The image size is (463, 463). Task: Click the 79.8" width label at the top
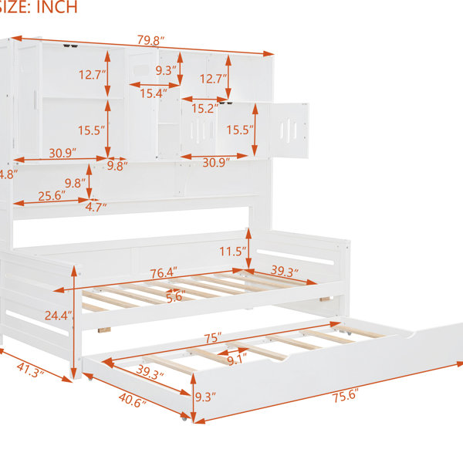click(x=150, y=40)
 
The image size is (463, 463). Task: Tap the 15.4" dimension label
click(x=154, y=93)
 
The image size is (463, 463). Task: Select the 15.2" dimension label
click(x=205, y=108)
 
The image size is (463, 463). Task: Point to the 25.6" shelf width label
click(x=52, y=196)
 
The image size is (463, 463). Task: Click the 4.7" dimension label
click(x=96, y=208)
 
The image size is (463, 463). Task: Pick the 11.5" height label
click(x=233, y=252)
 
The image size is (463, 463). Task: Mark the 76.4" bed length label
click(x=164, y=273)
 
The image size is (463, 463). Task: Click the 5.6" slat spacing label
click(x=176, y=296)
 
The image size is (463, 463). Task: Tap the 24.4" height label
click(x=59, y=316)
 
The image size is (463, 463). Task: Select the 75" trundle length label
click(x=212, y=338)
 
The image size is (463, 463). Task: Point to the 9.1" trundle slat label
click(x=237, y=360)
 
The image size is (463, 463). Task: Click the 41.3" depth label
click(x=30, y=370)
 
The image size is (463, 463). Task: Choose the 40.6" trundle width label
click(x=133, y=400)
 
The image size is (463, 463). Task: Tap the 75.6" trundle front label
click(x=346, y=395)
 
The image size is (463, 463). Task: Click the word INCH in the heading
click(x=57, y=7)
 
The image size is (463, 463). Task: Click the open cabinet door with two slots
click(x=289, y=130)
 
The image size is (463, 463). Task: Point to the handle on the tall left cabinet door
click(x=35, y=100)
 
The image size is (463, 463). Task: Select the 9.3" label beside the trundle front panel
click(x=205, y=397)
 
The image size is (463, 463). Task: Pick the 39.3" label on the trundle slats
click(x=150, y=372)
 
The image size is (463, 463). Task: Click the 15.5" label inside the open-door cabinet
click(x=240, y=130)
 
